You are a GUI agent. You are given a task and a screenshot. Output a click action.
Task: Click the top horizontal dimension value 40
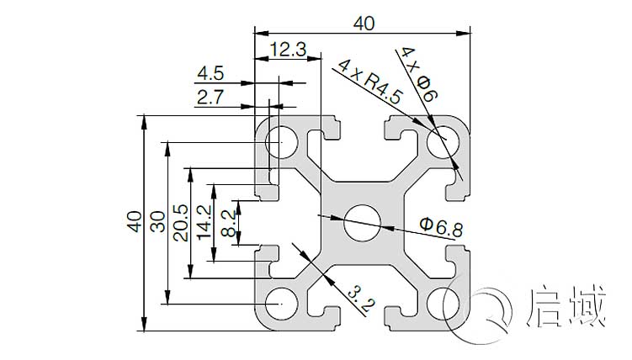click(x=364, y=24)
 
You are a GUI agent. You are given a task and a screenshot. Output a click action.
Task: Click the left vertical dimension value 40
click(x=133, y=222)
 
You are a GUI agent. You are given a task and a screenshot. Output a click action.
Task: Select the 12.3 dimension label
click(x=289, y=50)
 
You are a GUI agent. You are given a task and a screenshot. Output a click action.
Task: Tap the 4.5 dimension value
click(x=210, y=74)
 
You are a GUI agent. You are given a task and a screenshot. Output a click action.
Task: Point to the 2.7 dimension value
click(x=210, y=98)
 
